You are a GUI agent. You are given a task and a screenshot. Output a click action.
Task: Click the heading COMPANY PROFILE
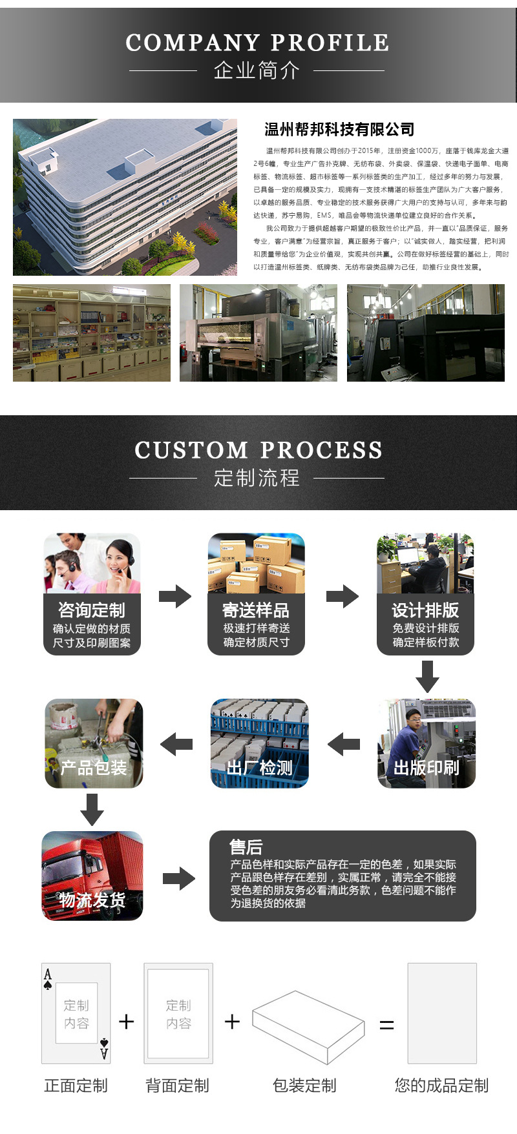257,43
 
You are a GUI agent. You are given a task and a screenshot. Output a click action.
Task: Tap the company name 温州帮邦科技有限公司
339,129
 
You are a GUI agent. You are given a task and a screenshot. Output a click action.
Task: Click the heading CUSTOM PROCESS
258,450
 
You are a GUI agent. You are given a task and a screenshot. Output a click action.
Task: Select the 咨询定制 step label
92,610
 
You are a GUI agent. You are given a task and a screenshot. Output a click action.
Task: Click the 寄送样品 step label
256,610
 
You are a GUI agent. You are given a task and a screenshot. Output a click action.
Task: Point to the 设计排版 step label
425,610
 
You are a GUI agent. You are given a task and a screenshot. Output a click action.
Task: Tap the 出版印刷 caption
427,768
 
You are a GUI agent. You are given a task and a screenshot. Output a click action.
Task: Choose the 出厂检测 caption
260,768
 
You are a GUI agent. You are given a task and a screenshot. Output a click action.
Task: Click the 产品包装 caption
94,768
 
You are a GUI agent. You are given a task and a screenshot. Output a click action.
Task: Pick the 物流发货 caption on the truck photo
92,900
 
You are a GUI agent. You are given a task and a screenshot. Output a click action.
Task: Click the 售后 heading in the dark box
246,847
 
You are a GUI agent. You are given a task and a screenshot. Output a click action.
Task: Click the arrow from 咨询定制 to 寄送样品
174,596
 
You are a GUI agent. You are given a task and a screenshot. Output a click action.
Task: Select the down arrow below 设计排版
427,676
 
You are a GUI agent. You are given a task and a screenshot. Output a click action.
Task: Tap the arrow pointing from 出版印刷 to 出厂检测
344,745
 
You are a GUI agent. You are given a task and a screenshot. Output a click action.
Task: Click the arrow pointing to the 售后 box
178,878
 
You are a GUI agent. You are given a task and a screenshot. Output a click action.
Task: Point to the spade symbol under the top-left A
48,986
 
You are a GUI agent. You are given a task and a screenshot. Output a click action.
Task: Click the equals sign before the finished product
386,1025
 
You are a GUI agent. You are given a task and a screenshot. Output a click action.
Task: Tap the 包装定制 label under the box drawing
304,1086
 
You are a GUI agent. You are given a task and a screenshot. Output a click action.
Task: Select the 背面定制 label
178,1086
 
